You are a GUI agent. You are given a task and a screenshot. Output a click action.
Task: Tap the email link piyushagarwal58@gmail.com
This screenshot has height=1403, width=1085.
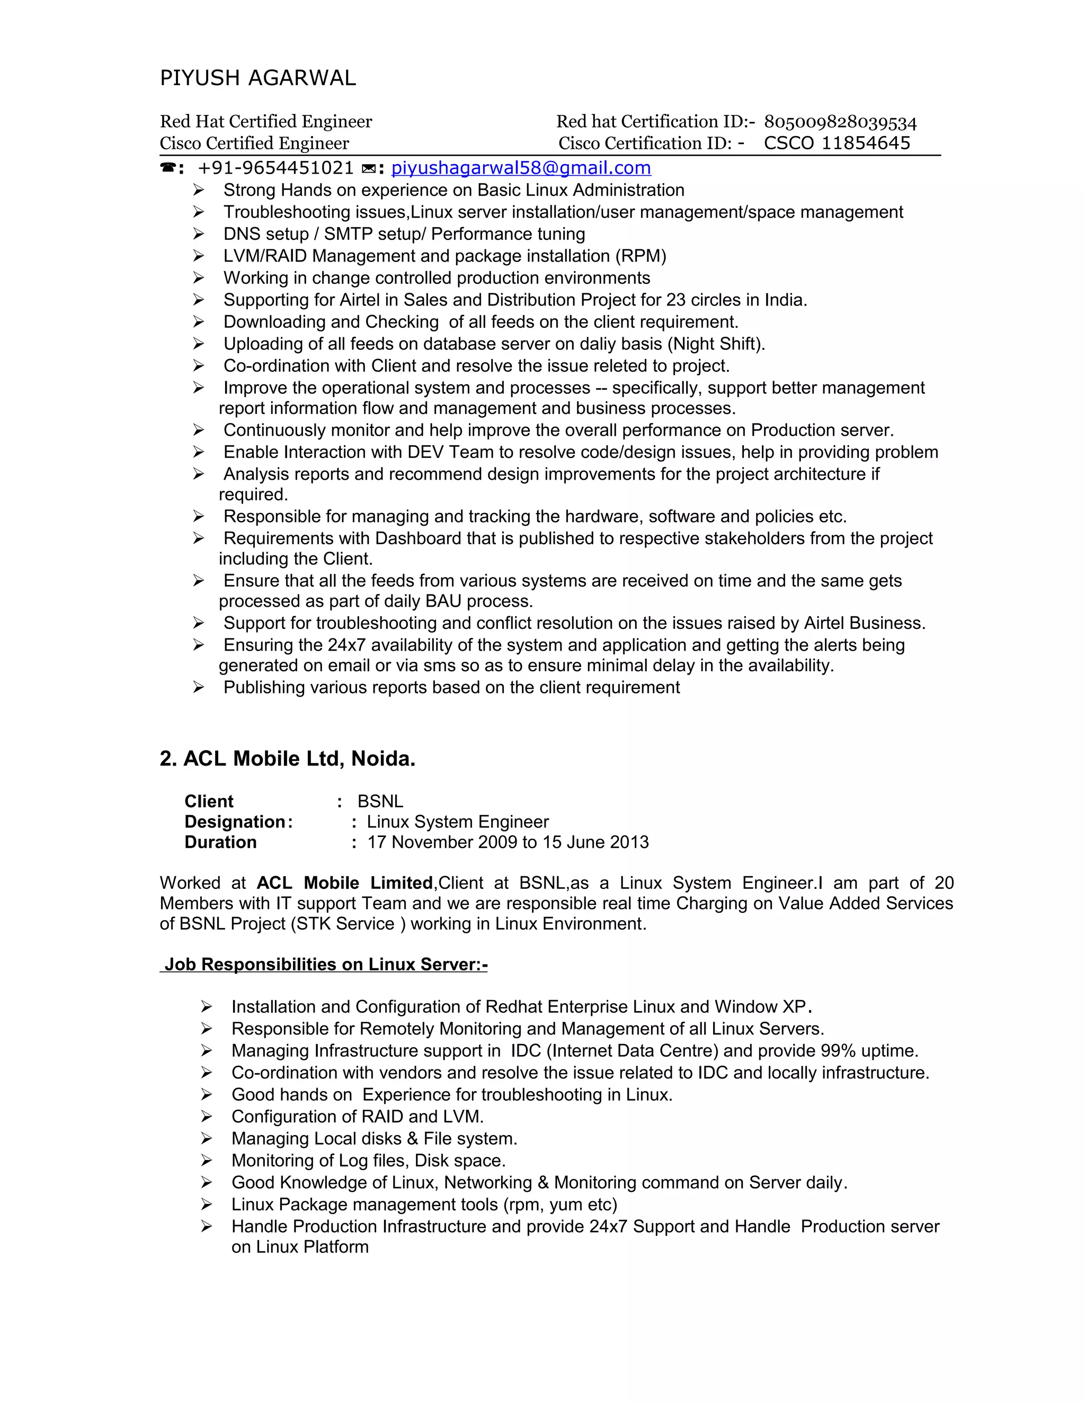tap(521, 168)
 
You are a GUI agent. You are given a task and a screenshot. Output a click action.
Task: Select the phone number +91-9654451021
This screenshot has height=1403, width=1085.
tap(275, 168)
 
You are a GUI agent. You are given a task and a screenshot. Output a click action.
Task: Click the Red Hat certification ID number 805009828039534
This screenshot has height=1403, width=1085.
tap(840, 122)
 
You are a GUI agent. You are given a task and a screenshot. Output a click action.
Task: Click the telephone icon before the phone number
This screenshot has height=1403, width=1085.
tap(168, 168)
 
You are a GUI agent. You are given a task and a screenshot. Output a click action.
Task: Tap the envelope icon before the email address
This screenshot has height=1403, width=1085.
tap(369, 169)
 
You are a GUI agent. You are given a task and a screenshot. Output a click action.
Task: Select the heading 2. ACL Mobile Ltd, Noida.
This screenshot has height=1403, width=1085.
tap(287, 759)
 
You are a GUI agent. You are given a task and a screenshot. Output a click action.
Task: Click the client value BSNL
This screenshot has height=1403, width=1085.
tap(380, 802)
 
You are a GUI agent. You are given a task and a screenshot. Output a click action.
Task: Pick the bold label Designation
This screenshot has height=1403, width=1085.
tap(235, 822)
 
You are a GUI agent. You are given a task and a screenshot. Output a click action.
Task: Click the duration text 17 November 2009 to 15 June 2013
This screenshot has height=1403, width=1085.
tap(508, 842)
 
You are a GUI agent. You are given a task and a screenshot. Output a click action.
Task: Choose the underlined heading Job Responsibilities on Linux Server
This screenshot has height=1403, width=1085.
tap(325, 964)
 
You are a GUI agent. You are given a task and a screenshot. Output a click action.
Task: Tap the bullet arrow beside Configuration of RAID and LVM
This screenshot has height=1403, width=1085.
tap(206, 1117)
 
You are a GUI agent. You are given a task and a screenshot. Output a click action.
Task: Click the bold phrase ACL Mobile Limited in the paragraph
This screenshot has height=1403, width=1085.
tap(344, 883)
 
